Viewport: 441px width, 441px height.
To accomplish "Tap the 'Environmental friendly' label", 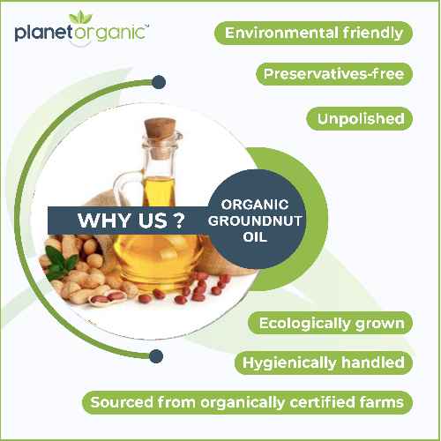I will pos(314,34).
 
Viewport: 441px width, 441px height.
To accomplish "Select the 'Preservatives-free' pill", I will pos(334,75).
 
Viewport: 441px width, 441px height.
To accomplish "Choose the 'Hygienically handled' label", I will pos(323,363).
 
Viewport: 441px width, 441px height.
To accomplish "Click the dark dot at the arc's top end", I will pos(158,82).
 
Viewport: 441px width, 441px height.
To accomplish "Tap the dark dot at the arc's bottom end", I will pos(156,356).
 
